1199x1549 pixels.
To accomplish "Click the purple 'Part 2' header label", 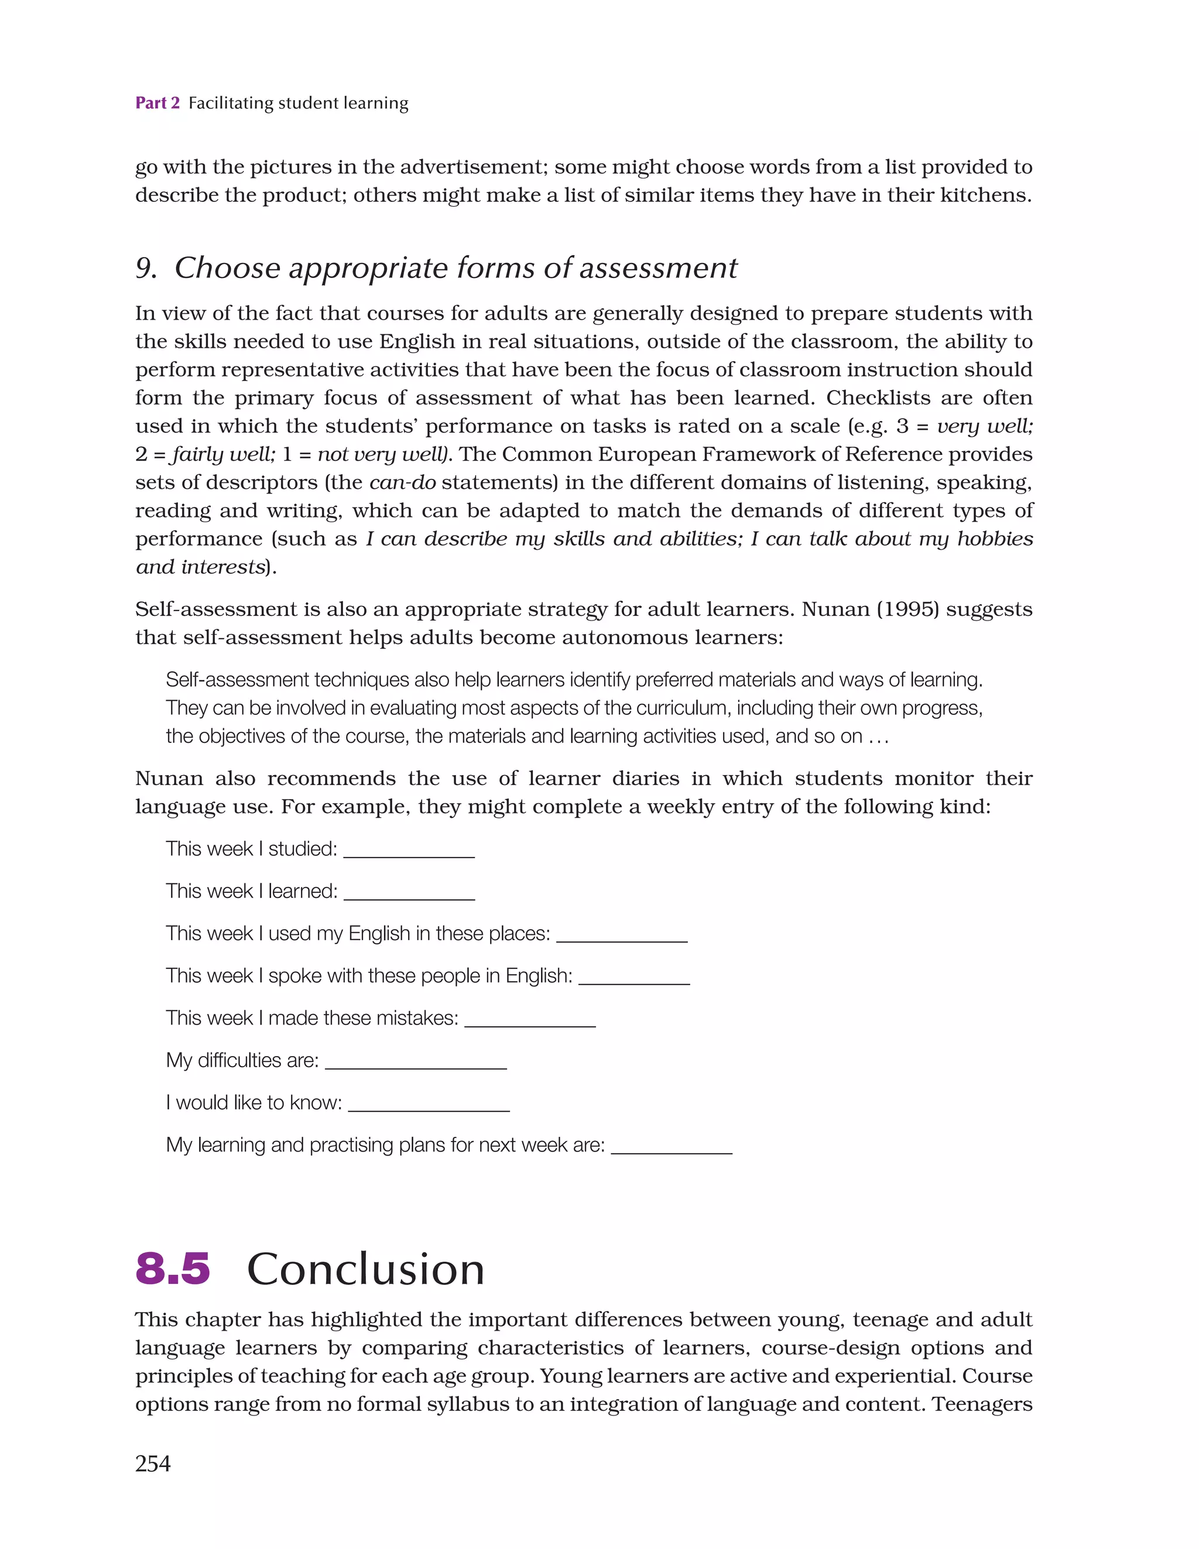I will pos(157,103).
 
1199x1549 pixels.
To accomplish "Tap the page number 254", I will pos(153,1463).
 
